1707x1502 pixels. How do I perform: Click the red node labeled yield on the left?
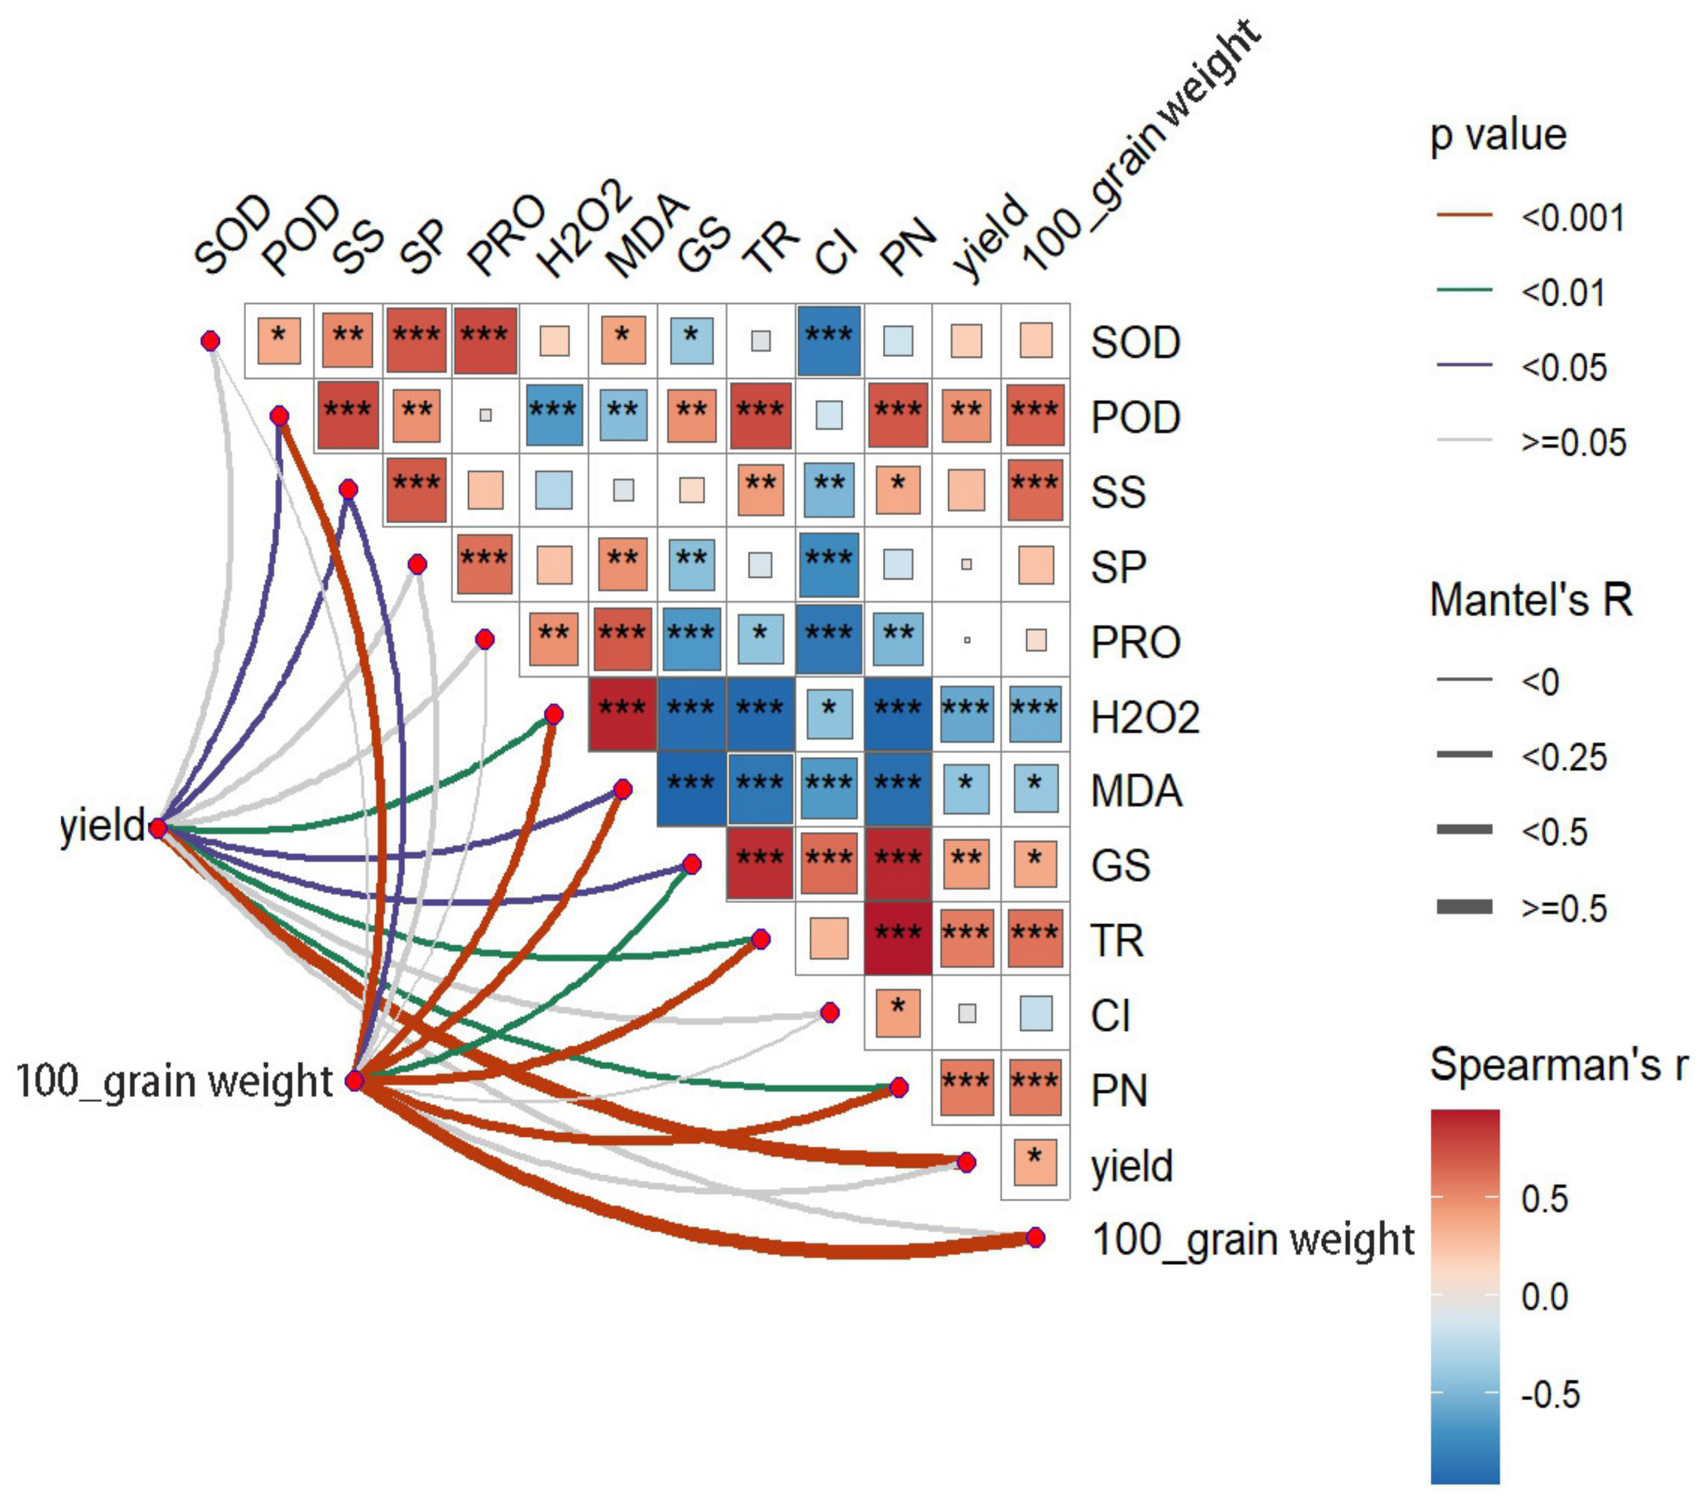[158, 828]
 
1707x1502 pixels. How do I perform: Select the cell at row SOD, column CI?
[828, 340]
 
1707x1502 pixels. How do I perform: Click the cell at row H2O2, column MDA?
[622, 714]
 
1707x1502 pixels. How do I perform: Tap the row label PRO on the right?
[1136, 642]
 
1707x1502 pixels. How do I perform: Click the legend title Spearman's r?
[1558, 1065]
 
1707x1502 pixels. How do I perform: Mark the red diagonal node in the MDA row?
[623, 789]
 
